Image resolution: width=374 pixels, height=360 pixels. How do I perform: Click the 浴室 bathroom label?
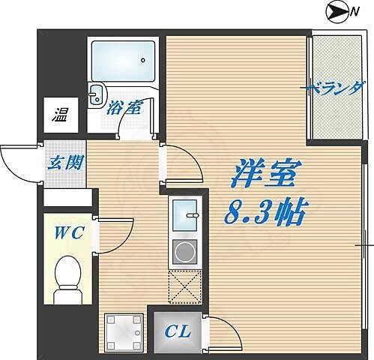[124, 108]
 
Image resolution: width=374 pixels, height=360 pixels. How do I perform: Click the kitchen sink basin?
[184, 217]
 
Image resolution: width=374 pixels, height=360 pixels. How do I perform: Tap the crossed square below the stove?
[184, 286]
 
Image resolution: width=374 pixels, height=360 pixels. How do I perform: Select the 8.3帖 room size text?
[263, 215]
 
